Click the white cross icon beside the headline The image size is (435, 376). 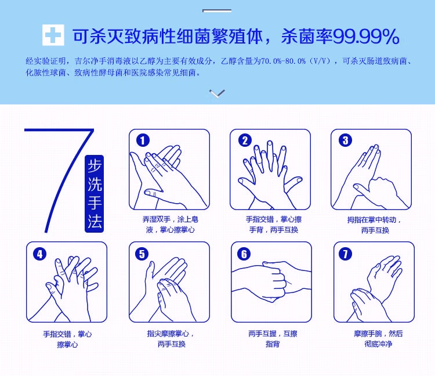coord(53,35)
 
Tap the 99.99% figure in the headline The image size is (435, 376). coord(366,37)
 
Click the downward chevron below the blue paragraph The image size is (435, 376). coord(217,93)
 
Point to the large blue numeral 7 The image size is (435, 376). coord(59,180)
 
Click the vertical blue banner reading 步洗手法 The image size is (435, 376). coord(94,193)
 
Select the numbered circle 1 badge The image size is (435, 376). coord(143,140)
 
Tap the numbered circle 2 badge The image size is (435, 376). coord(245,140)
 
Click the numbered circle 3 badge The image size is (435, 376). coord(346,140)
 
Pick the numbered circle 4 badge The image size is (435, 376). coord(39,254)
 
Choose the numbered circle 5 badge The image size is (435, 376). coord(142,254)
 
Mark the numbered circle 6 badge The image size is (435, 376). coord(244,254)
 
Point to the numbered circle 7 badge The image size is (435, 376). coord(346,254)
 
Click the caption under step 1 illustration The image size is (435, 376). coord(170,225)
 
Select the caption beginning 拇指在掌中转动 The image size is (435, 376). coord(375,225)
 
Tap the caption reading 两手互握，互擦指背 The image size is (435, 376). coord(273,338)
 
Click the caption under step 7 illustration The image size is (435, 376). coord(378,338)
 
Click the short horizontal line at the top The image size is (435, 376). coord(217,10)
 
